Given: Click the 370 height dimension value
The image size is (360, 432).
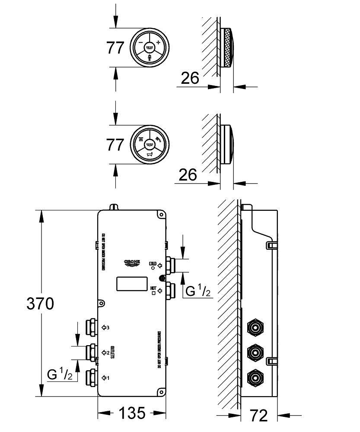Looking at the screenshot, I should [40, 304].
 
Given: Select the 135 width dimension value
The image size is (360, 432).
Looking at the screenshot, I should [131, 413].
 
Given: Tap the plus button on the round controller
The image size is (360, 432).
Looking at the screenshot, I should [158, 42].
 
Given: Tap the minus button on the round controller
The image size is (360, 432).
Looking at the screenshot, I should [140, 43].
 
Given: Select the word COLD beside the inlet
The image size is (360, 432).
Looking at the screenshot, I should [153, 263].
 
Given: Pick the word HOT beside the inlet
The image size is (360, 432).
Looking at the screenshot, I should [153, 287].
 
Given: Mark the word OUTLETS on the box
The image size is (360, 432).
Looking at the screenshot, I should [111, 353].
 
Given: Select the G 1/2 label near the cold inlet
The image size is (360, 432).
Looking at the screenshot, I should [198, 291].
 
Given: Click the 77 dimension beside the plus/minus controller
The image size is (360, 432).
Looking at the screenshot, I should [115, 48].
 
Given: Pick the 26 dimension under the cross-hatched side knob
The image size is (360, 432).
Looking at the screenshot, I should [190, 78].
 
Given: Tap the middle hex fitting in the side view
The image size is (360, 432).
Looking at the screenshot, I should [255, 353].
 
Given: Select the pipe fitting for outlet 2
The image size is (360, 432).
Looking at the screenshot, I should [91, 352].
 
